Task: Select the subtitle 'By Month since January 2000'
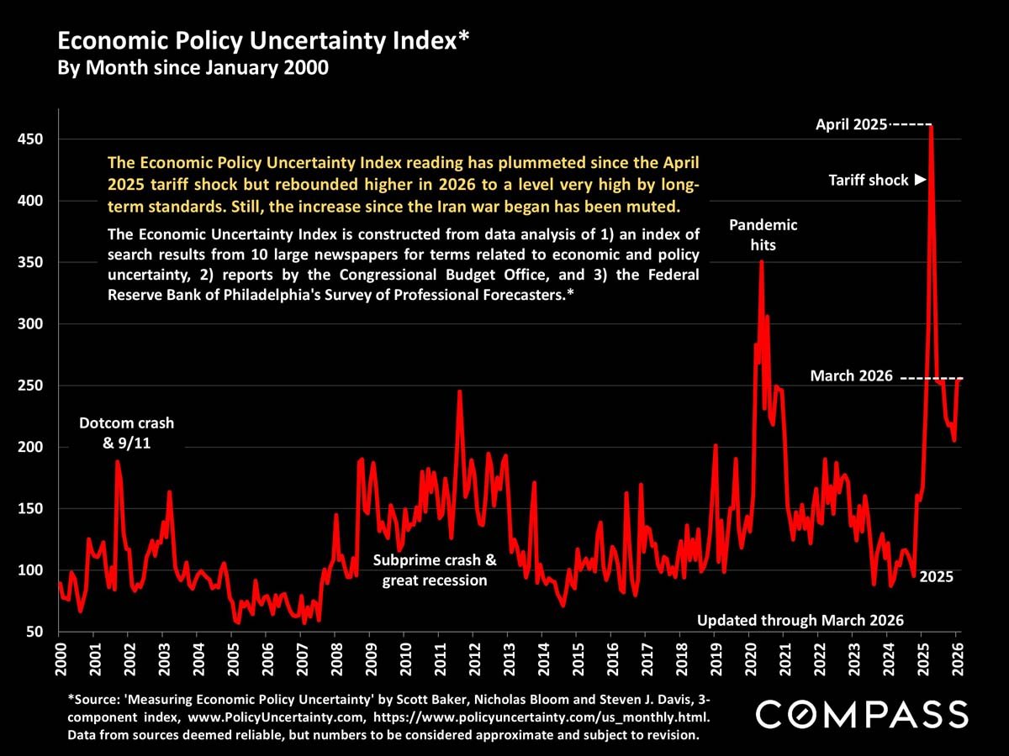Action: tap(192, 68)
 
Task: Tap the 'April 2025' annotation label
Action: tap(852, 125)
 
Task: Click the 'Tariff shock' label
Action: tap(869, 180)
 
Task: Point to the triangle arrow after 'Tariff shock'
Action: tap(920, 180)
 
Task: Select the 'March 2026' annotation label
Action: tap(851, 376)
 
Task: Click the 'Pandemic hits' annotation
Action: tap(763, 235)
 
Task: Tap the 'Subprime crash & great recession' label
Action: tap(435, 570)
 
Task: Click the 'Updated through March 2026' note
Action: tap(800, 621)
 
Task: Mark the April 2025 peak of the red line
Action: tap(931, 127)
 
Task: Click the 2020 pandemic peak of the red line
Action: tap(761, 262)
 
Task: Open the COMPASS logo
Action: tap(862, 715)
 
